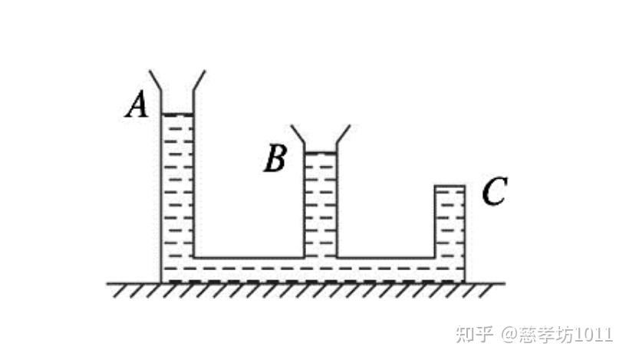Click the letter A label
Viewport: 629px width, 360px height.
pos(137,105)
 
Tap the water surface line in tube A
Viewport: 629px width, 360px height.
pos(177,115)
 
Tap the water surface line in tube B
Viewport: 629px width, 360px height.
pos(321,154)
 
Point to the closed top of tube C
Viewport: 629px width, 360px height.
pos(450,186)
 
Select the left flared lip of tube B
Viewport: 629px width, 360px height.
pos(298,135)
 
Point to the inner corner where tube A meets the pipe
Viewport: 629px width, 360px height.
pos(194,257)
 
